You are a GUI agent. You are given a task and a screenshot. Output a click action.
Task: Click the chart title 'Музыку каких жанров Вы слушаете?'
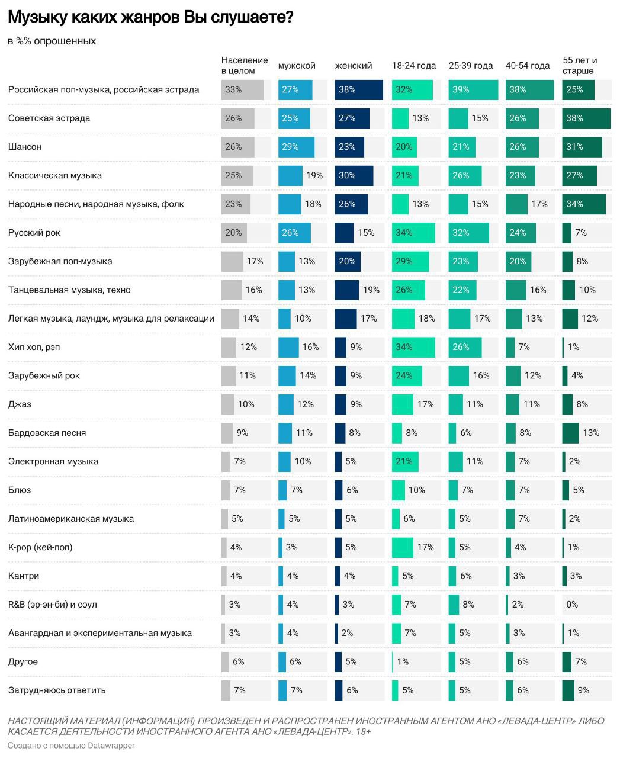click(150, 18)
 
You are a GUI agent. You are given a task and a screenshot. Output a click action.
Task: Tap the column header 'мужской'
click(297, 66)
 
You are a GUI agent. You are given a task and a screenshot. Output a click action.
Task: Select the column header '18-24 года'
click(414, 66)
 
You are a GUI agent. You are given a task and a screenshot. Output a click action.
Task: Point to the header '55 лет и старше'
click(580, 65)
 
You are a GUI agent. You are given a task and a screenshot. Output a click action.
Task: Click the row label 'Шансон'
click(25, 147)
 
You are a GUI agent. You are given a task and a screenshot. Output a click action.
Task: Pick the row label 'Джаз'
click(20, 404)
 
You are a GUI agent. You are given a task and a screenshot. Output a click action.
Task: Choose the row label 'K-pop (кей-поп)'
click(40, 547)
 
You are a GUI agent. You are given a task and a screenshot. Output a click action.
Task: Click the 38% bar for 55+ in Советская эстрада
click(586, 118)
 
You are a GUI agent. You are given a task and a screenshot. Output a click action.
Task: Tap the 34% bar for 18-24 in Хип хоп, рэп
click(413, 347)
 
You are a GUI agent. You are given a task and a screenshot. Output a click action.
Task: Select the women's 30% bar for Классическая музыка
click(354, 176)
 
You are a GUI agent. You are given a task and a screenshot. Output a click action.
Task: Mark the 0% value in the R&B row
click(572, 605)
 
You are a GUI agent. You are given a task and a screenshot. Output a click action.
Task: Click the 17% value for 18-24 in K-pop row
click(425, 547)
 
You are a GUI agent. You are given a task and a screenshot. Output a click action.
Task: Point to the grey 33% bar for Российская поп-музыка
click(242, 90)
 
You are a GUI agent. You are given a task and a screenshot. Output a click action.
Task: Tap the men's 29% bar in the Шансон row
click(296, 147)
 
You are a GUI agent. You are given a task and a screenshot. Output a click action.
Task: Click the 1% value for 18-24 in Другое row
click(403, 661)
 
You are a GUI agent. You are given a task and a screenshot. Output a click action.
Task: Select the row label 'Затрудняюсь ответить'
click(57, 690)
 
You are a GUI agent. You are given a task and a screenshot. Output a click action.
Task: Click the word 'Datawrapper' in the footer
click(112, 746)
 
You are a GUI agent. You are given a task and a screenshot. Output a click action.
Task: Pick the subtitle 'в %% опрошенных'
click(52, 41)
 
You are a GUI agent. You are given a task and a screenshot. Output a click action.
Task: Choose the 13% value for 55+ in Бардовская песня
click(591, 433)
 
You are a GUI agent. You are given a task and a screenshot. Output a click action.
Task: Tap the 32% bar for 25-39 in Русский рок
click(468, 233)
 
